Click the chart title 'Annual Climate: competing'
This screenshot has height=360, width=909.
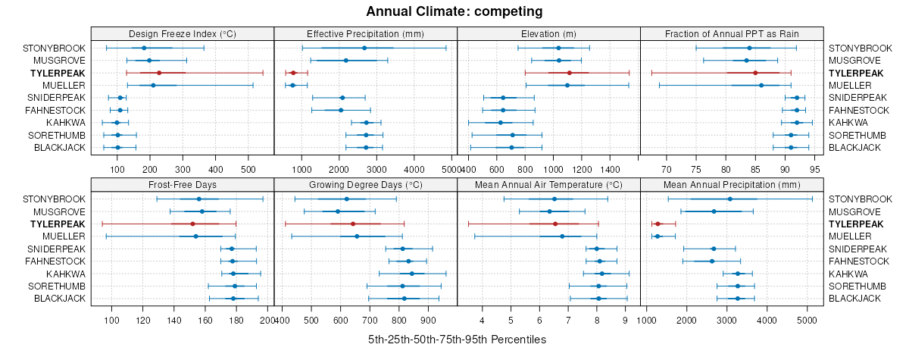tap(454, 11)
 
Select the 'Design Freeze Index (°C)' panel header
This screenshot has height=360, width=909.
tap(183, 33)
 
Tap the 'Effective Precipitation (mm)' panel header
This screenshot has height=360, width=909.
tap(365, 33)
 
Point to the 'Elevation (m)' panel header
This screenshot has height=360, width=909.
tap(549, 33)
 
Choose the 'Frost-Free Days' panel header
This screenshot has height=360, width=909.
tap(183, 184)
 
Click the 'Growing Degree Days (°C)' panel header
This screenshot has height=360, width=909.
tap(365, 184)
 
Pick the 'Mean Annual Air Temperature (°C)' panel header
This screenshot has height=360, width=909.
tap(549, 184)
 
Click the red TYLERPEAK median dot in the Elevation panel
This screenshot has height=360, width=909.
tap(569, 73)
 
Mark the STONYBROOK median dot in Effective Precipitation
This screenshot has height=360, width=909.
tap(364, 48)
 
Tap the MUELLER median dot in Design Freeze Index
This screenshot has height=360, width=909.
tap(153, 85)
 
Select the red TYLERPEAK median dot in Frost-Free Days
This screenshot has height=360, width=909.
tap(192, 224)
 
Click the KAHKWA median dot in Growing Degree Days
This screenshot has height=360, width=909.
tap(412, 274)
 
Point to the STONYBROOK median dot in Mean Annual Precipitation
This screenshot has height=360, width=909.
tap(729, 199)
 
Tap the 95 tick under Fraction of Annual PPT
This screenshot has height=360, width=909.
tap(814, 168)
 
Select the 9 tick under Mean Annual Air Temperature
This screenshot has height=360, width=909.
tap(626, 320)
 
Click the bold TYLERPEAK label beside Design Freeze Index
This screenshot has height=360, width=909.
tap(58, 73)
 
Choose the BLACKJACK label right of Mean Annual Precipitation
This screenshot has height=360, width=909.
tap(855, 299)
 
